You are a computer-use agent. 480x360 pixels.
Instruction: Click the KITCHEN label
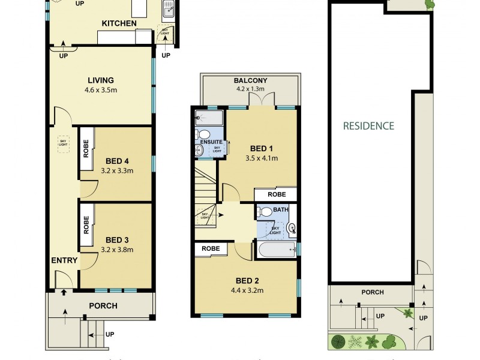click(x=119, y=23)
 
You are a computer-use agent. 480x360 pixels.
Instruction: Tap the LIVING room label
click(x=101, y=80)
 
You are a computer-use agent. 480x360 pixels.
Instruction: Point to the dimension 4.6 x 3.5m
click(x=101, y=90)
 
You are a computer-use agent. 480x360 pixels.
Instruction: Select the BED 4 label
click(x=118, y=161)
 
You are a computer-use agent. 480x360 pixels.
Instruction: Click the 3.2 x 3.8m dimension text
click(x=118, y=250)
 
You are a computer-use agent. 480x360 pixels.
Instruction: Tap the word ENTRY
click(x=64, y=260)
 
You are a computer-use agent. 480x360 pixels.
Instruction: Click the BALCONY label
click(x=251, y=81)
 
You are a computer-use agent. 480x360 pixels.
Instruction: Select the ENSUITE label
click(x=211, y=142)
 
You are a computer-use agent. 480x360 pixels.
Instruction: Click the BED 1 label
click(x=262, y=149)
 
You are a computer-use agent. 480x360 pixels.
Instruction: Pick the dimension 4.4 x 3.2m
click(x=247, y=290)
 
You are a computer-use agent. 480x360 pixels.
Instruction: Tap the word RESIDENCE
click(x=368, y=126)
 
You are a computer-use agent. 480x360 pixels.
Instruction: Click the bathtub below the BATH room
click(x=277, y=250)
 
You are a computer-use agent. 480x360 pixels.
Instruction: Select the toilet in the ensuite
click(x=204, y=133)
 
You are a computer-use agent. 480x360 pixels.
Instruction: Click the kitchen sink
click(x=167, y=8)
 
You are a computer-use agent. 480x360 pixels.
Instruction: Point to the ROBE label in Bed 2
click(x=210, y=248)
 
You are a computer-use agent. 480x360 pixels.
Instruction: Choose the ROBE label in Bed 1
click(x=276, y=194)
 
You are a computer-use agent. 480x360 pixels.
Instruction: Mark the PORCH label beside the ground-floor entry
click(x=103, y=305)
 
